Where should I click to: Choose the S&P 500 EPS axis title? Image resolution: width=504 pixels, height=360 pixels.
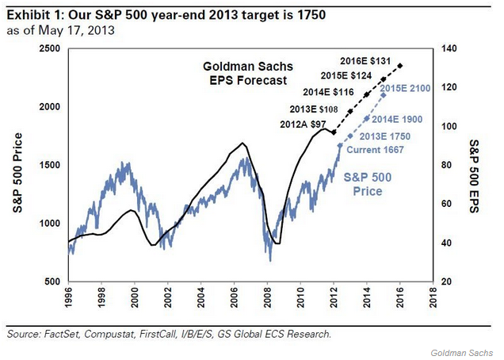coord(474,166)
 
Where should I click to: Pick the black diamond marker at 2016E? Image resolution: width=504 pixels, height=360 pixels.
coord(400,65)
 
